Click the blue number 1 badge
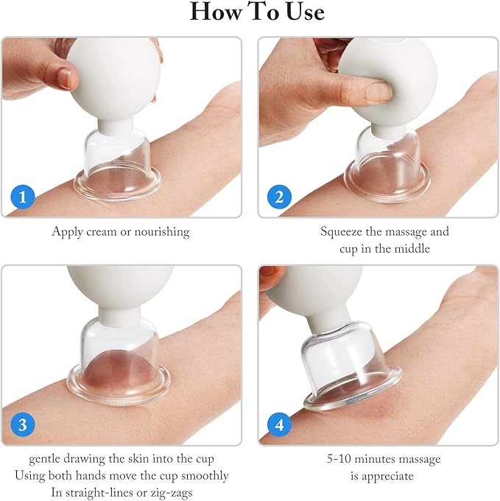tap(23, 197)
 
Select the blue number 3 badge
tap(23, 425)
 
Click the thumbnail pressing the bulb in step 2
tap(378, 91)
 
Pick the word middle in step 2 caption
tap(412, 248)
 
